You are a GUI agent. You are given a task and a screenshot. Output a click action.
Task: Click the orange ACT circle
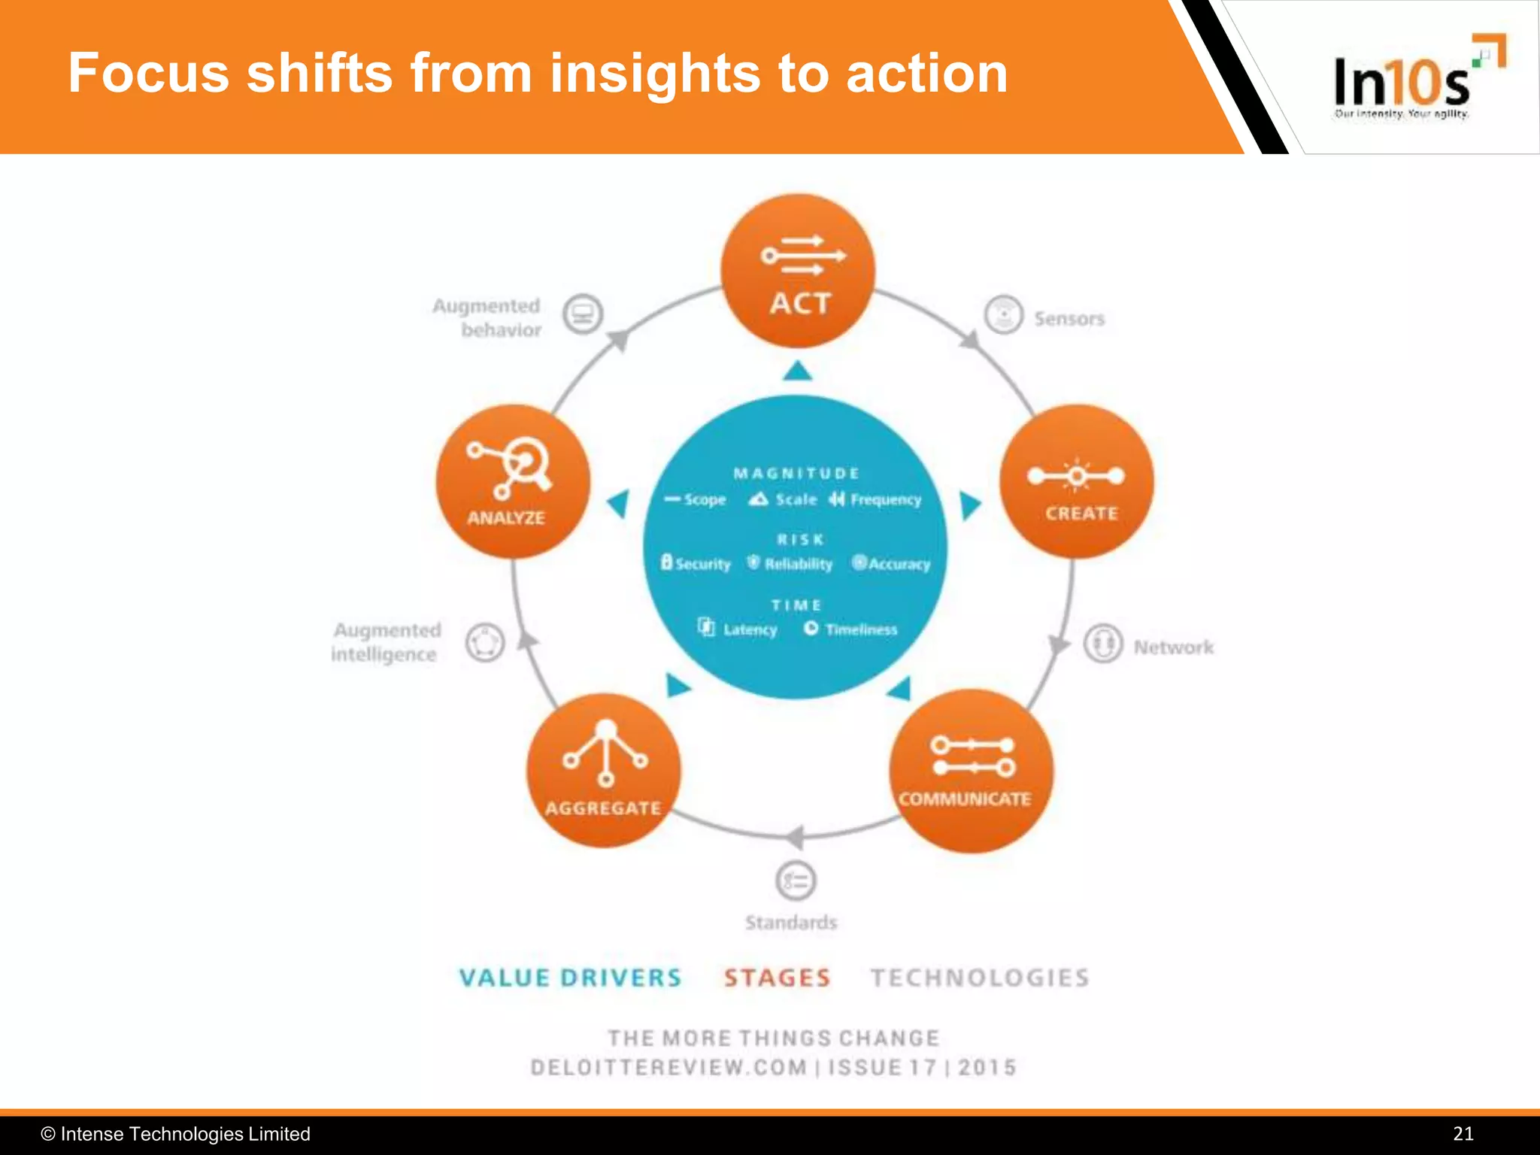pyautogui.click(x=798, y=271)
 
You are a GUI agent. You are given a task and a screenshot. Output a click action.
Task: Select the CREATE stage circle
pyautogui.click(x=1076, y=482)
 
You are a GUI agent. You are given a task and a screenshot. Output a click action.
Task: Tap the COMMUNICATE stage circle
pyautogui.click(x=971, y=771)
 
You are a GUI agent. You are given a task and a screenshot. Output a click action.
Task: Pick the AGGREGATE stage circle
pyautogui.click(x=604, y=771)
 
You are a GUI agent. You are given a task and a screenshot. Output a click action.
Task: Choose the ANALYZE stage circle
pyautogui.click(x=513, y=482)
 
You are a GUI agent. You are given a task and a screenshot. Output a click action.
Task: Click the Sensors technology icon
pyautogui.click(x=1004, y=314)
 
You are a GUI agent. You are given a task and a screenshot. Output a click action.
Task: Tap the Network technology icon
pyautogui.click(x=1103, y=644)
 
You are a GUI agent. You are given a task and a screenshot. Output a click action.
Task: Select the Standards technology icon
pyautogui.click(x=796, y=881)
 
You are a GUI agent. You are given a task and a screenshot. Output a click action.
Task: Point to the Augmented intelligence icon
pyautogui.click(x=484, y=643)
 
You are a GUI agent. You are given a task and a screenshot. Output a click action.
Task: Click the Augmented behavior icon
pyautogui.click(x=584, y=314)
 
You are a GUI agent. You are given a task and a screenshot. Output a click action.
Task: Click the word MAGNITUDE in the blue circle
pyautogui.click(x=796, y=473)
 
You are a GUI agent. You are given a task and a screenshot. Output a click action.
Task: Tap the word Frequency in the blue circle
pyautogui.click(x=885, y=500)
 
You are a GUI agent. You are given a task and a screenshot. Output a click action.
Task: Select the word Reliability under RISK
pyautogui.click(x=798, y=564)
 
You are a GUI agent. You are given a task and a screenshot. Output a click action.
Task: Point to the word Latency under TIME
pyautogui.click(x=750, y=629)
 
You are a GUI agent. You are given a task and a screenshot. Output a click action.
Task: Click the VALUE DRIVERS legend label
pyautogui.click(x=570, y=978)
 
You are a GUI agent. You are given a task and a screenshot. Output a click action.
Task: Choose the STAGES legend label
pyautogui.click(x=778, y=978)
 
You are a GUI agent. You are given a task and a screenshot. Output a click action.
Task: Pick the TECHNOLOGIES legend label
pyautogui.click(x=980, y=978)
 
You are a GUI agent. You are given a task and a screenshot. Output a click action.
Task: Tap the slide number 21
pyautogui.click(x=1463, y=1134)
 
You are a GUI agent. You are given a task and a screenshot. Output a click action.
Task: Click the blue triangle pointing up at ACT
pyautogui.click(x=798, y=371)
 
